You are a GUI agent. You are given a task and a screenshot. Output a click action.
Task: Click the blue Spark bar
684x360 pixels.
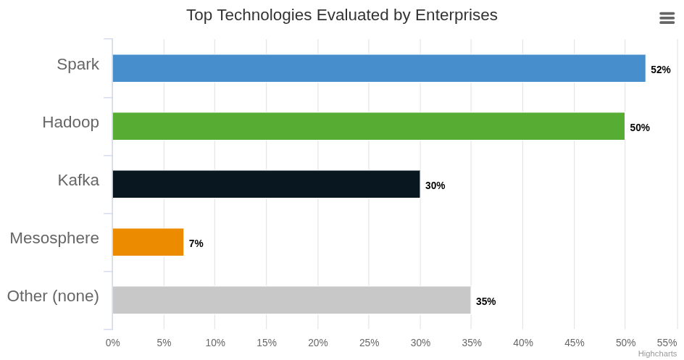click(x=379, y=68)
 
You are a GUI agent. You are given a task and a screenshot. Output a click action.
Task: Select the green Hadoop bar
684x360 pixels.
click(x=369, y=126)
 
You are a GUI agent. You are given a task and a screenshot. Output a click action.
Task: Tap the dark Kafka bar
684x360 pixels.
click(x=266, y=185)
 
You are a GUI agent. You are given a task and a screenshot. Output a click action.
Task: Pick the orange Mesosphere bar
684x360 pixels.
click(x=148, y=243)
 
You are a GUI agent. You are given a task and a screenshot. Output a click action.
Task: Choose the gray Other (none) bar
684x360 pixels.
click(x=291, y=301)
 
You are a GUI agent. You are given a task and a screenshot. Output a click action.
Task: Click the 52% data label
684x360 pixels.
click(x=660, y=70)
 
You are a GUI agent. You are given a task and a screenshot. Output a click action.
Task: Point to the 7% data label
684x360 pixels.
click(x=196, y=243)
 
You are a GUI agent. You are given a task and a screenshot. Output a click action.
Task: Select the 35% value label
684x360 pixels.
click(x=485, y=301)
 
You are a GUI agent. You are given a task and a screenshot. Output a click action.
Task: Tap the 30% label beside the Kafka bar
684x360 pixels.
click(x=435, y=185)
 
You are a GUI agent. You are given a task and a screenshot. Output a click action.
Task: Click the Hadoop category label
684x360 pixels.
click(x=71, y=122)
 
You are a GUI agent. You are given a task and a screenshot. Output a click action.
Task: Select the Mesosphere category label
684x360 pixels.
click(x=54, y=238)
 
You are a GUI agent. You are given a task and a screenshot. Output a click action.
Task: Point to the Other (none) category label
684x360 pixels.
click(x=53, y=296)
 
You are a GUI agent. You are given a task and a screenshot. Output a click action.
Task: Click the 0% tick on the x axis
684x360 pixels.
click(x=112, y=343)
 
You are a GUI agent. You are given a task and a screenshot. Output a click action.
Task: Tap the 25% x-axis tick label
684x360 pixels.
click(x=369, y=343)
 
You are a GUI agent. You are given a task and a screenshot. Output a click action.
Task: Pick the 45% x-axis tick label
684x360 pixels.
click(x=574, y=343)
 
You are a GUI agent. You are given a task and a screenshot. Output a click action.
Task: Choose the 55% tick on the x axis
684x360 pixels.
click(x=667, y=343)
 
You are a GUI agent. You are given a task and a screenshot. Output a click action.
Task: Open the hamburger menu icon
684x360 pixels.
click(x=667, y=18)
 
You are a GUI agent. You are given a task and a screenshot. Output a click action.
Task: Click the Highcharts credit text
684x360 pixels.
click(x=657, y=354)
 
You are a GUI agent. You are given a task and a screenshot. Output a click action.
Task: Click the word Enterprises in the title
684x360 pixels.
click(x=456, y=14)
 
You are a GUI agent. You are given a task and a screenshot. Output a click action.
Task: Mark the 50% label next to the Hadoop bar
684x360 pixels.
click(x=640, y=127)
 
